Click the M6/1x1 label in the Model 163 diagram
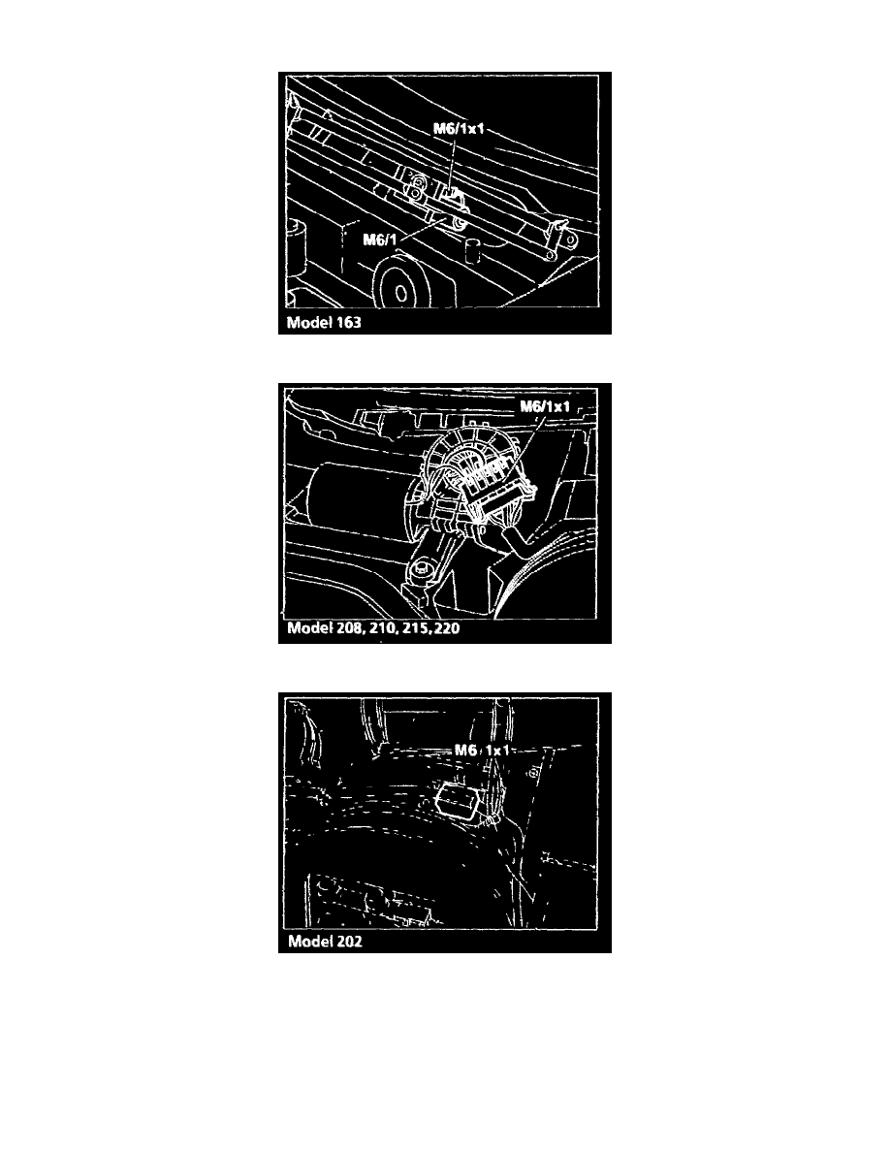click(x=459, y=129)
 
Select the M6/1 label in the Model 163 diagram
click(x=380, y=240)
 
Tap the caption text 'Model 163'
click(x=324, y=323)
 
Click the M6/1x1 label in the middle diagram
click(x=545, y=407)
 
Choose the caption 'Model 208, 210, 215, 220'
click(x=373, y=629)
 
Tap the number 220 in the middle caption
click(x=447, y=629)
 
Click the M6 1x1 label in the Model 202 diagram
click(x=482, y=751)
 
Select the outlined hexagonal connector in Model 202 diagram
click(x=461, y=802)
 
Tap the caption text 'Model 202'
click(x=325, y=942)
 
